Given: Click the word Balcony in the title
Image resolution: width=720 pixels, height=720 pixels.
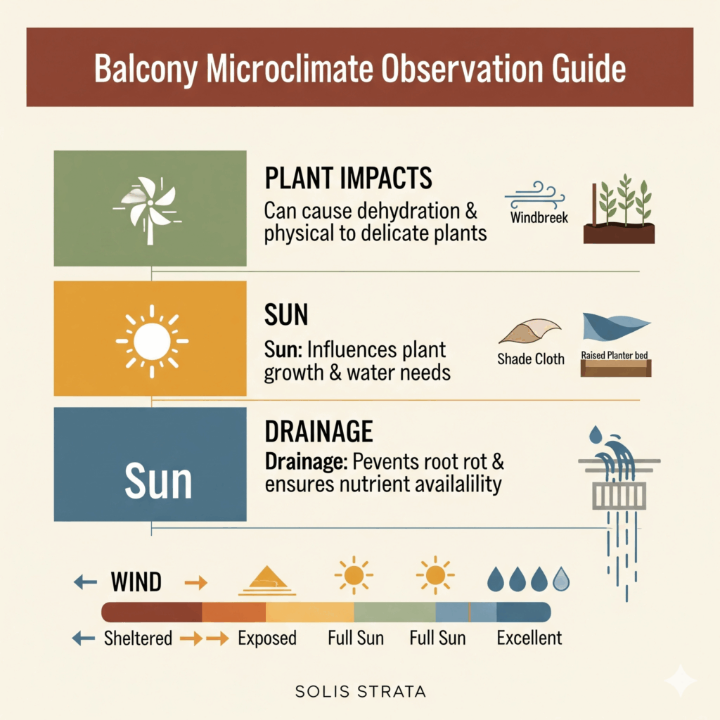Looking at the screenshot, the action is pos(146,69).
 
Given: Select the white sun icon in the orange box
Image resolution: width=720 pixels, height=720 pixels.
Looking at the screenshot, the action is pos(152,341).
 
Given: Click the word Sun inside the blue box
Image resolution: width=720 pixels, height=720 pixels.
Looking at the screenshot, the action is pos(158,481).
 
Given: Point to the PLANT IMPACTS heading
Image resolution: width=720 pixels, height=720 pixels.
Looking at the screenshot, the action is pos(348,178).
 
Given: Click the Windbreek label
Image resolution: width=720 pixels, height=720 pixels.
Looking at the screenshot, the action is pos(539,217).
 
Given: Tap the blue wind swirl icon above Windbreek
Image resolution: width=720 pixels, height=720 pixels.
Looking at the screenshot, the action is pos(534,195).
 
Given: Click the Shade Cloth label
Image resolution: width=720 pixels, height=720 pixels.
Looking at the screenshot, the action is pos(531,359).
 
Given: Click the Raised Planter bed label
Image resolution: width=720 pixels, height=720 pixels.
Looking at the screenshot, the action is pos(615,355).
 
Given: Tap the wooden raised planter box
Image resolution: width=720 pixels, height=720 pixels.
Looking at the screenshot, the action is pos(616,368).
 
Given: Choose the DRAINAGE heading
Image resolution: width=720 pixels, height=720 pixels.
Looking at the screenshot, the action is pos(319,432).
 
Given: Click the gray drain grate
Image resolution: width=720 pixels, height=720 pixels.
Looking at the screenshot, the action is pos(619,496).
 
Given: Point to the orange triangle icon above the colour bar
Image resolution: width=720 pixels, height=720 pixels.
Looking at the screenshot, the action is pos(266,581).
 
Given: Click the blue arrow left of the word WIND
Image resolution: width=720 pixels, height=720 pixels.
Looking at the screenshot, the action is pos(85,582).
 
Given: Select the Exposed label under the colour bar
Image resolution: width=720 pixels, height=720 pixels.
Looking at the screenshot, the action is pos(266,638).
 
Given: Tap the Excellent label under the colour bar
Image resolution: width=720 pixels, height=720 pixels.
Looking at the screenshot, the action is pos(529,638).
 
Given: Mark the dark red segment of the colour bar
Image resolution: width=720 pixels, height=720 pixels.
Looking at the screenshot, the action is pos(152,612).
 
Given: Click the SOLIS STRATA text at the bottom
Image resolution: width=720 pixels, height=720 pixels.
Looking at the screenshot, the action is pos(361,692).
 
